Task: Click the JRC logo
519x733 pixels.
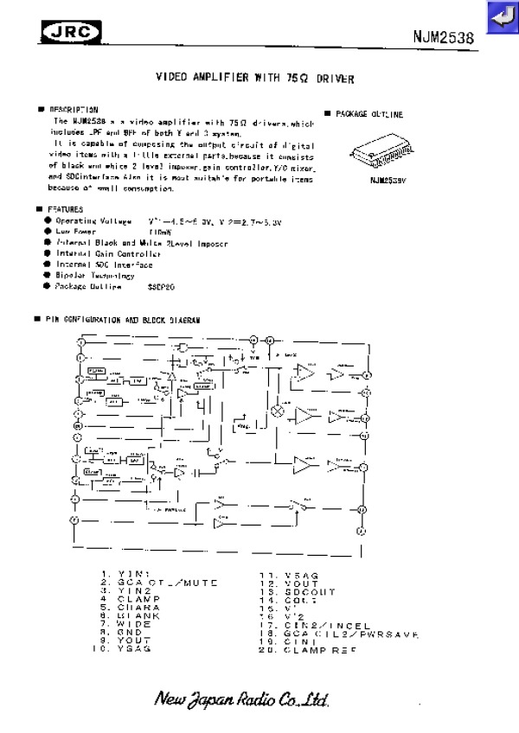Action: [71, 32]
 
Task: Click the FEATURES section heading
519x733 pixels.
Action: [65, 209]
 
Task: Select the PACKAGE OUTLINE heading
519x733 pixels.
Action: [368, 114]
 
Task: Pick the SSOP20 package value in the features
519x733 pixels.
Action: [161, 285]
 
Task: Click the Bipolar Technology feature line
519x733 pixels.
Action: [94, 275]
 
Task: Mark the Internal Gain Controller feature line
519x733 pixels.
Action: [108, 254]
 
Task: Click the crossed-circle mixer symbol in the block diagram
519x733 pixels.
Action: [279, 410]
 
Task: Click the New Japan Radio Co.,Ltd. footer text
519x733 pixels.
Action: [241, 699]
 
